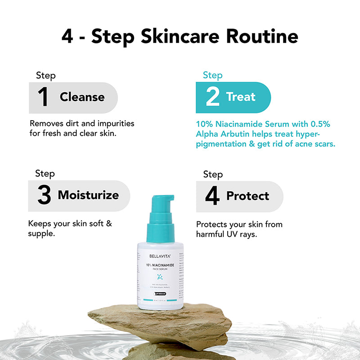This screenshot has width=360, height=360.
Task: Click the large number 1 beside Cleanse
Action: (43, 98)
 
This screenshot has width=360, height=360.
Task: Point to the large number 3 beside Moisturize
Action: (44, 196)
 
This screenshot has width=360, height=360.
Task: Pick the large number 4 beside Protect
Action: (212, 197)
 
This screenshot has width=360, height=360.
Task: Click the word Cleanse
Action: (82, 97)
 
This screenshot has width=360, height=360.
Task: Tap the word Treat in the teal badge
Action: (241, 97)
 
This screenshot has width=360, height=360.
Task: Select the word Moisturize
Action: (88, 195)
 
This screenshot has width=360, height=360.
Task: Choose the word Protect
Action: (247, 196)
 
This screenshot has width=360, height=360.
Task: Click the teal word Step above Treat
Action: (212, 75)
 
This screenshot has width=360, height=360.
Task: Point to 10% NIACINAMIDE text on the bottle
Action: (160, 266)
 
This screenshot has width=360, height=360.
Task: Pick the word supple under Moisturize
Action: (41, 234)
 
